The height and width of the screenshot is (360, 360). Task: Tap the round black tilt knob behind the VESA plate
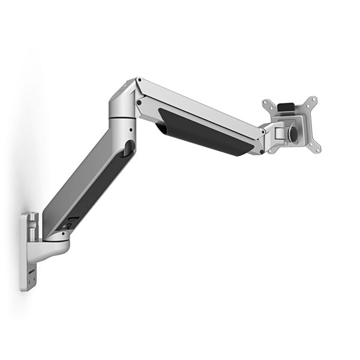pyautogui.click(x=292, y=133)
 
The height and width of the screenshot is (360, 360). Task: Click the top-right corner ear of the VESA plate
pyautogui.click(x=314, y=100)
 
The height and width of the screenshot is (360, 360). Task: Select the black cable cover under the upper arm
pyautogui.click(x=204, y=133)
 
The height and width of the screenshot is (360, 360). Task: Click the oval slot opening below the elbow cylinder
pyautogui.click(x=127, y=149)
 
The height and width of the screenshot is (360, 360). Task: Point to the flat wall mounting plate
pyautogui.click(x=28, y=252)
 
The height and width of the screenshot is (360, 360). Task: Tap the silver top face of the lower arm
pyautogui.click(x=72, y=180)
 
